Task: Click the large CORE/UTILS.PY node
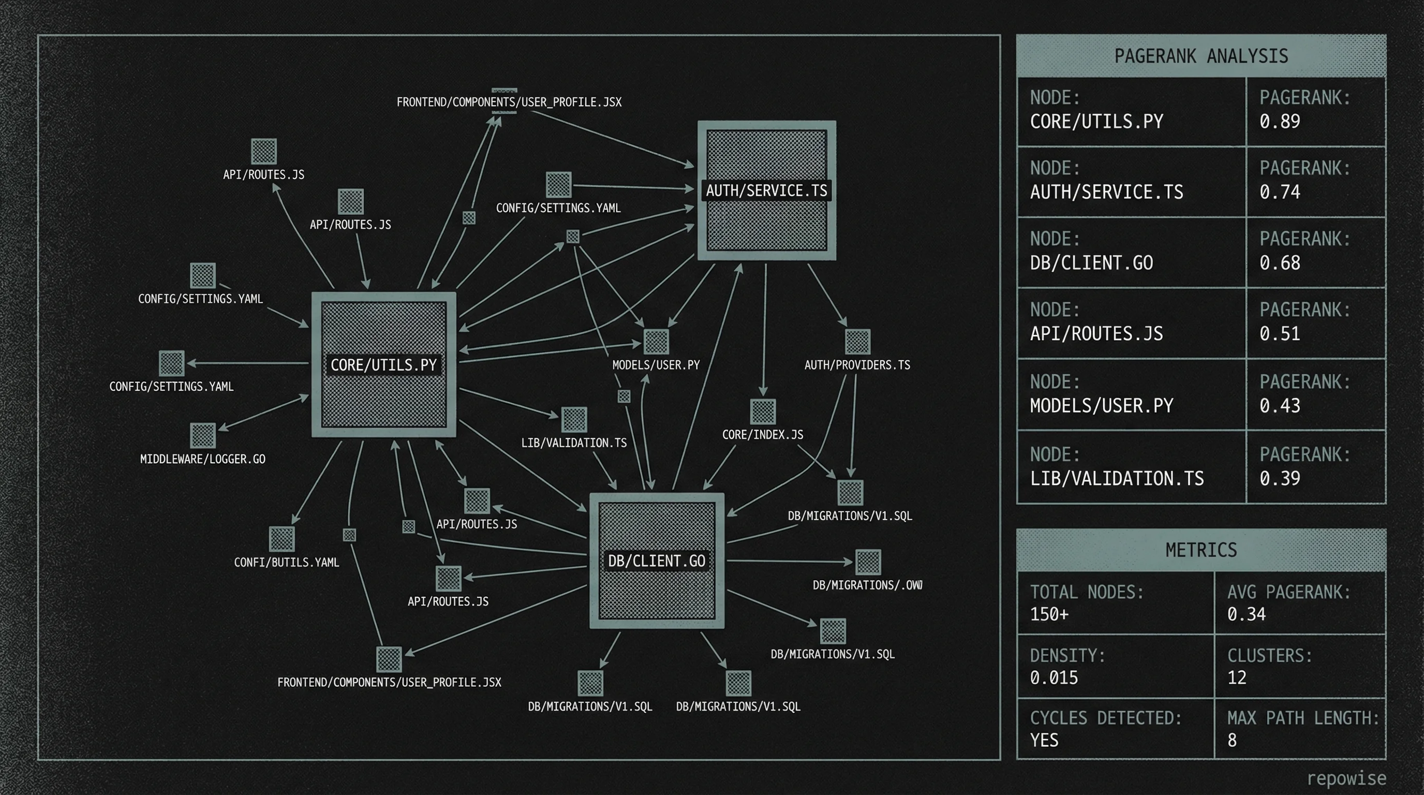click(383, 365)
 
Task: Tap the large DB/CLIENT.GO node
click(657, 561)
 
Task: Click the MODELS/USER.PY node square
click(656, 341)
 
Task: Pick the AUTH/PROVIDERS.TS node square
click(857, 341)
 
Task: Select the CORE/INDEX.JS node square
click(763, 411)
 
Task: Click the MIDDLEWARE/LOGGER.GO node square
click(203, 436)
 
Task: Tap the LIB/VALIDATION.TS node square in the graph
click(574, 420)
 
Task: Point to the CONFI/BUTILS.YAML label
click(286, 562)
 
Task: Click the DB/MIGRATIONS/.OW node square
click(868, 562)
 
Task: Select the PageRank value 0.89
click(1280, 122)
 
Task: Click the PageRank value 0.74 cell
click(1280, 193)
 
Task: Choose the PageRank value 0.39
click(1280, 479)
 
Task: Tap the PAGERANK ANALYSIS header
click(1200, 56)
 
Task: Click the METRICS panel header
click(1200, 550)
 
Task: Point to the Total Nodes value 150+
click(1049, 614)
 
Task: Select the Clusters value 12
click(1237, 678)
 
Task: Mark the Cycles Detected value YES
click(1044, 740)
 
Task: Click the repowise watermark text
click(1346, 778)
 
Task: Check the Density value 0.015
click(1054, 678)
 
